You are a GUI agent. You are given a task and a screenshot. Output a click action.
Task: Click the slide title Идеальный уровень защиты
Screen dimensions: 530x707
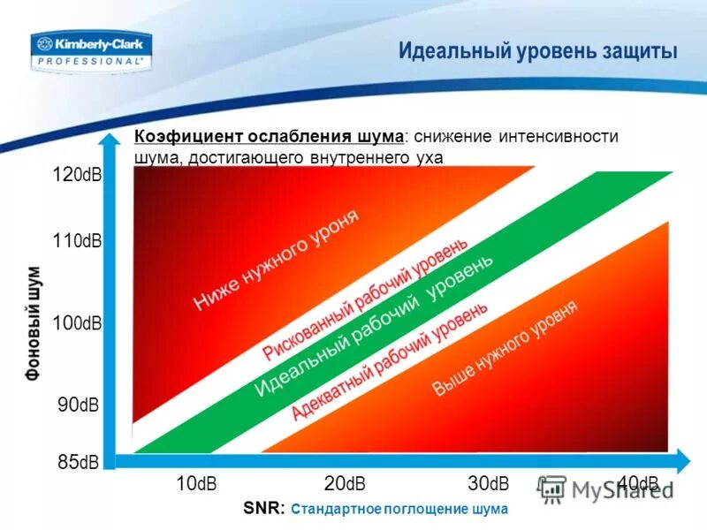tap(538, 51)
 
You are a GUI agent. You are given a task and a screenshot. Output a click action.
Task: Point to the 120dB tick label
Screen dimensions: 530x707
tap(77, 175)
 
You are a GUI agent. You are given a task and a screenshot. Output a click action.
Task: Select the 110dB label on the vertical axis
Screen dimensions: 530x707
tap(77, 239)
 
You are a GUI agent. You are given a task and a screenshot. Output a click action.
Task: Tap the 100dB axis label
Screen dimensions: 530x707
tap(77, 323)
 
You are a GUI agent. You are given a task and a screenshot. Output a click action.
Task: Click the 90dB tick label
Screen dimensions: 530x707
tap(79, 405)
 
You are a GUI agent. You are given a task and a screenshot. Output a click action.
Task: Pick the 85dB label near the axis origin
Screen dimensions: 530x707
tap(79, 461)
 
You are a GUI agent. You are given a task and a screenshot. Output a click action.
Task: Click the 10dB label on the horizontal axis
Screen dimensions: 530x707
tap(196, 483)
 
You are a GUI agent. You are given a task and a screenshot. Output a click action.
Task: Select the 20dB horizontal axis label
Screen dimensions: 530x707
tap(344, 483)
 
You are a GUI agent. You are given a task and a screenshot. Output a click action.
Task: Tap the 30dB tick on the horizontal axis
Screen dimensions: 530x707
tap(488, 483)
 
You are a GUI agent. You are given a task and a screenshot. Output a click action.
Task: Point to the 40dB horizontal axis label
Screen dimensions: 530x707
tap(638, 483)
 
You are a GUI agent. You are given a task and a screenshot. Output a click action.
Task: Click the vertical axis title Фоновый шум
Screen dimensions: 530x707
tap(33, 322)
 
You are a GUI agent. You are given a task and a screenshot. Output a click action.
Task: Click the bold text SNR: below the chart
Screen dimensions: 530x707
tap(263, 509)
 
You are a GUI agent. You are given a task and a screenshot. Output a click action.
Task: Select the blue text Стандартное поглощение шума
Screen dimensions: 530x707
tap(399, 510)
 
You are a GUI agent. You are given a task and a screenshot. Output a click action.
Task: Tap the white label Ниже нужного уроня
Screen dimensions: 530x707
tap(277, 261)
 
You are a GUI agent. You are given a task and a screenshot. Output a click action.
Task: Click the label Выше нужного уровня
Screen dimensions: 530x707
tap(505, 348)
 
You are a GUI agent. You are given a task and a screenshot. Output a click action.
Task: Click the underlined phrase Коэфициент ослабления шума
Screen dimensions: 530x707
tap(270, 137)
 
